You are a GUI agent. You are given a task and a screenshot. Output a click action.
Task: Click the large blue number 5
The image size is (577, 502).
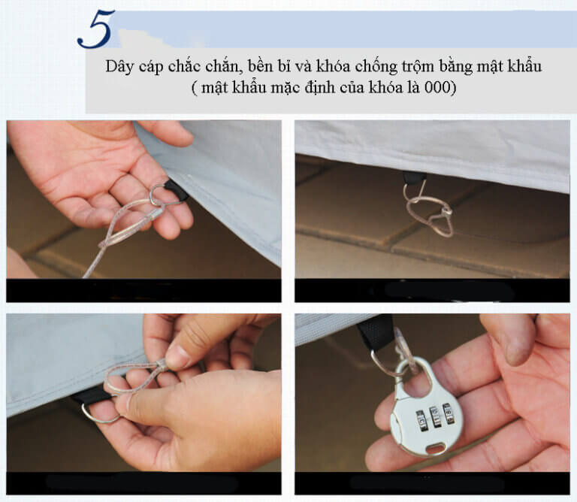95,29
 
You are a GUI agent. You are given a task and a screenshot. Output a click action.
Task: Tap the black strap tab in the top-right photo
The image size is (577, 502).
415,179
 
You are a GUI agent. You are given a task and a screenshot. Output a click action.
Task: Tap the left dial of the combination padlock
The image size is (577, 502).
422,420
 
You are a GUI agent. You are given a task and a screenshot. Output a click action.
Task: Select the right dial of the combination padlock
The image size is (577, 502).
449,413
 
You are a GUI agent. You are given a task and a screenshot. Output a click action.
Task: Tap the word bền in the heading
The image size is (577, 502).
261,67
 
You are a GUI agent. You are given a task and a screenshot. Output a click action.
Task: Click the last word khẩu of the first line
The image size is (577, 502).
525,67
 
